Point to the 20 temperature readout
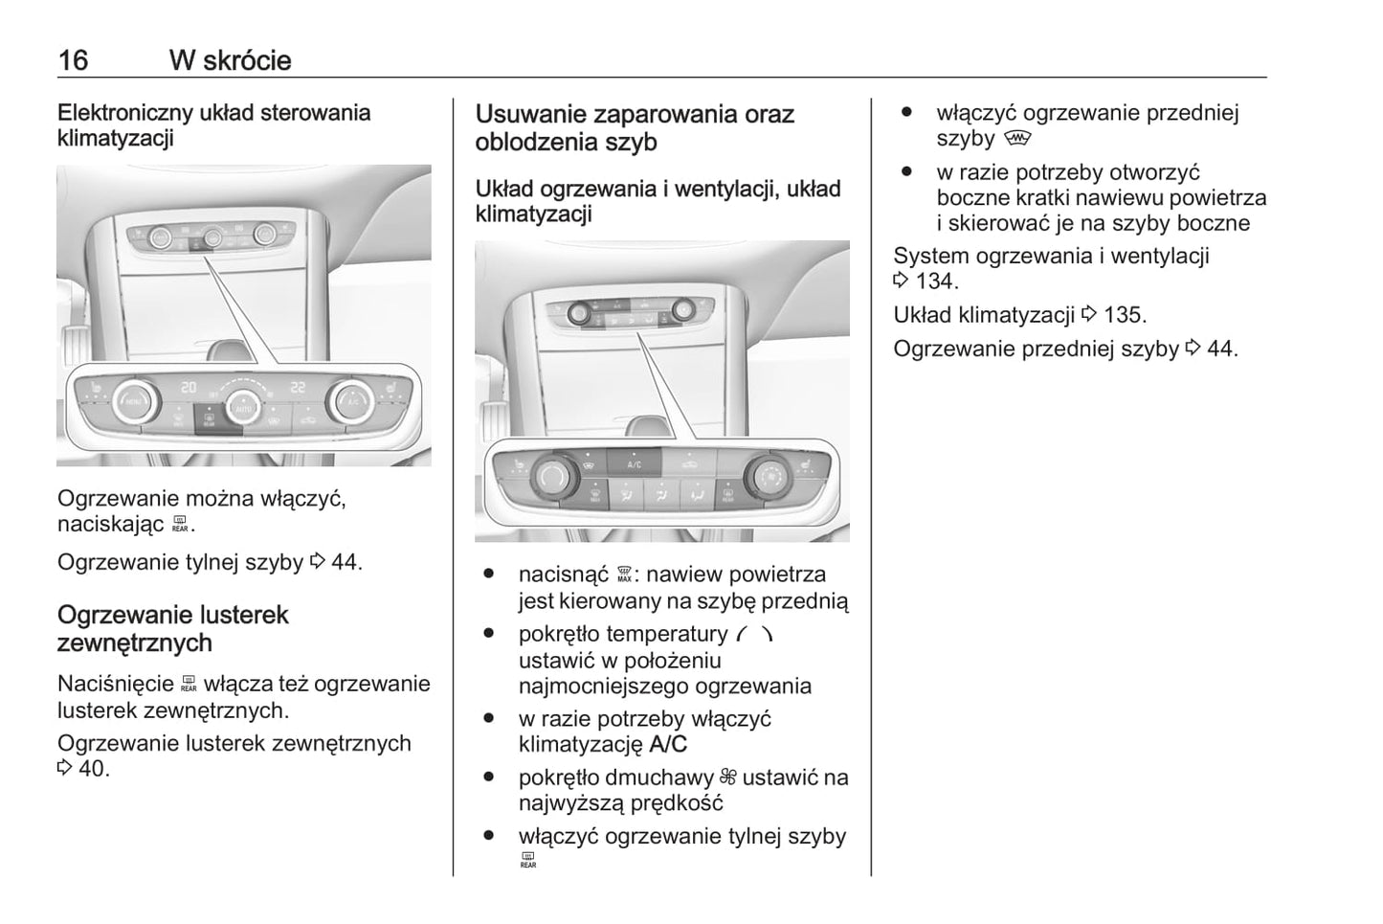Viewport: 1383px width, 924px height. (x=190, y=387)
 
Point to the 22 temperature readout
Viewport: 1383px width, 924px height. (x=299, y=387)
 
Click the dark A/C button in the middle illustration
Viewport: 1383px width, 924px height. (x=635, y=463)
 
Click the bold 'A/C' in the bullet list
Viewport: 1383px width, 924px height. (x=667, y=745)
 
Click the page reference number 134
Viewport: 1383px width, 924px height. (x=934, y=282)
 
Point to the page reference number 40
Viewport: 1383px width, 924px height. (x=92, y=769)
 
